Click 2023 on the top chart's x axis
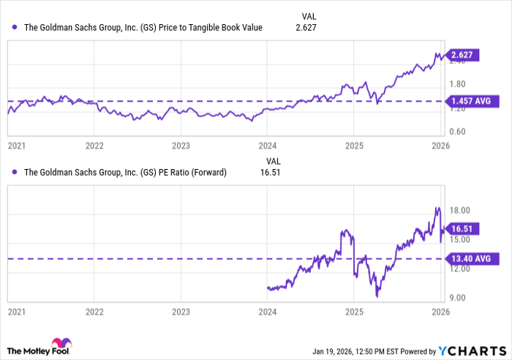click(181, 145)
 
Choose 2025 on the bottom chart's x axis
click(353, 311)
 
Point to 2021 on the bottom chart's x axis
click(16, 311)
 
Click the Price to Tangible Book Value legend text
click(144, 28)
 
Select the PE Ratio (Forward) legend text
click(126, 173)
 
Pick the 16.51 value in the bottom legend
click(271, 173)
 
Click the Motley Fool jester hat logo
click(59, 344)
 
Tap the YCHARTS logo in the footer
click(472, 349)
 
